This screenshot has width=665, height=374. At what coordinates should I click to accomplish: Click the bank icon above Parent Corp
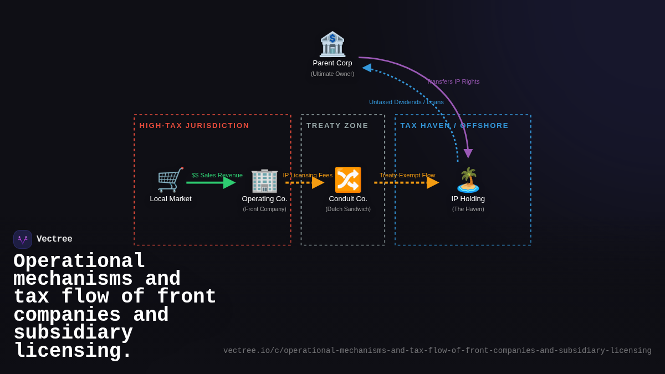[332, 44]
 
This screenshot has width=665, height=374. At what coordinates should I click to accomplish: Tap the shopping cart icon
[170, 180]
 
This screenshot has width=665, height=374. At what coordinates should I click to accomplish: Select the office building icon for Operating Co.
[264, 181]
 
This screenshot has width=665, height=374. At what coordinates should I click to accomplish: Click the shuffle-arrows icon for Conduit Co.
[348, 180]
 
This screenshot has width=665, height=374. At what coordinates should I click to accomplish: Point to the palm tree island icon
[468, 180]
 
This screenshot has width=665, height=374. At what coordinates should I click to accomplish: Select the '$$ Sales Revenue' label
[217, 175]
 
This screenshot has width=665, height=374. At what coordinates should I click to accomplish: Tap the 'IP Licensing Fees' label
[308, 175]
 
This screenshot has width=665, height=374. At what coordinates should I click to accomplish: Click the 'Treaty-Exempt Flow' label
[407, 175]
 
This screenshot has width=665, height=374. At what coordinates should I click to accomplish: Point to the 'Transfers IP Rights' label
[453, 81]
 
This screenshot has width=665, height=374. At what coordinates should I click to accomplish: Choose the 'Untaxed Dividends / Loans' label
[406, 102]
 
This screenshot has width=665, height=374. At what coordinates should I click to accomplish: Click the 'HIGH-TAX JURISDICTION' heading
[194, 126]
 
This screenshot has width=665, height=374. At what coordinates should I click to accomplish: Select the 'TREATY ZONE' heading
[337, 126]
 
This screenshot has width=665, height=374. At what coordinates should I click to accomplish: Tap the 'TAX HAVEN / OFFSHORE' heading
[454, 126]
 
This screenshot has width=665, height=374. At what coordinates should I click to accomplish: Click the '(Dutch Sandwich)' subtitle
[348, 209]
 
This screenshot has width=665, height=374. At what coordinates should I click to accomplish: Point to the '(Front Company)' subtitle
[264, 209]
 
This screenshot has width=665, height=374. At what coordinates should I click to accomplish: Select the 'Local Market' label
[171, 199]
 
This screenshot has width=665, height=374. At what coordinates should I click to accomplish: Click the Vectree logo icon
[23, 239]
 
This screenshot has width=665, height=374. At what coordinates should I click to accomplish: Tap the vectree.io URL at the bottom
[437, 351]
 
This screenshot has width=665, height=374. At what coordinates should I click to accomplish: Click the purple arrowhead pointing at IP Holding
[468, 153]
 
